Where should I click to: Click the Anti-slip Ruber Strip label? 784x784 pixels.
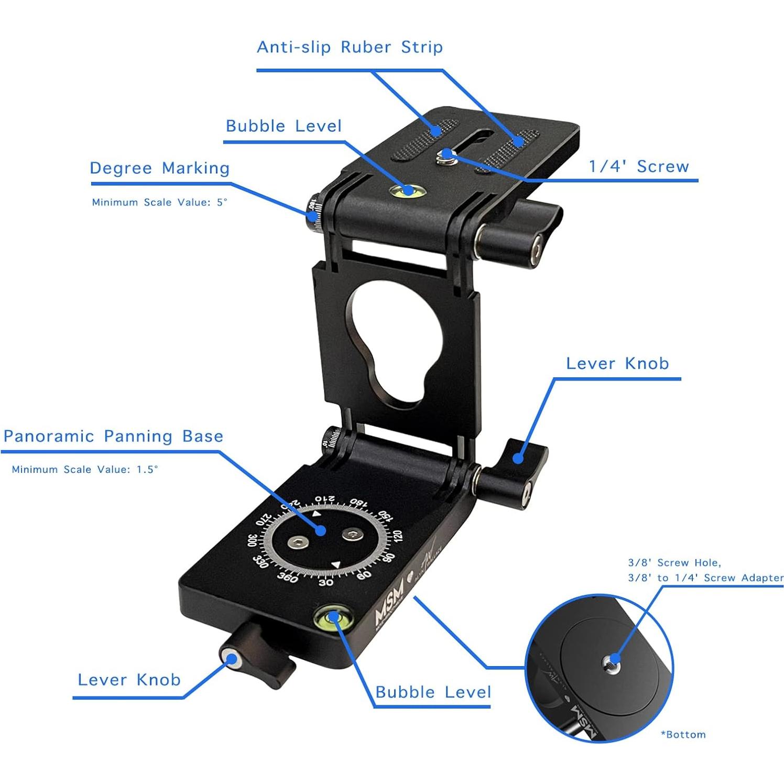click(350, 47)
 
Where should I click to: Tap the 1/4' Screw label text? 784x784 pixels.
click(638, 167)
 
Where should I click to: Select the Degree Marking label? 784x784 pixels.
click(160, 168)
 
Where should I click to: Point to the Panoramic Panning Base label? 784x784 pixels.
click(113, 436)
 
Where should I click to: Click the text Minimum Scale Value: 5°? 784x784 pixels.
click(159, 202)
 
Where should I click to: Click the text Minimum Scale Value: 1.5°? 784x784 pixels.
click(85, 470)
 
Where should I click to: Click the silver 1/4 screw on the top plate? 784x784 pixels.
click(447, 154)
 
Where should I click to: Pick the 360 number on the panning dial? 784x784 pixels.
click(287, 577)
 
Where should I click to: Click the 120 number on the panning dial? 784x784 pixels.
click(397, 537)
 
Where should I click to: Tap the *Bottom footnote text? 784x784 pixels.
click(683, 735)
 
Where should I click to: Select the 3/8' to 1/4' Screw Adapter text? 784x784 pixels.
click(705, 578)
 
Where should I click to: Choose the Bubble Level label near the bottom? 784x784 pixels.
click(433, 692)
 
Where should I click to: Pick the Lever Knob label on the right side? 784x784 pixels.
click(617, 364)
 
